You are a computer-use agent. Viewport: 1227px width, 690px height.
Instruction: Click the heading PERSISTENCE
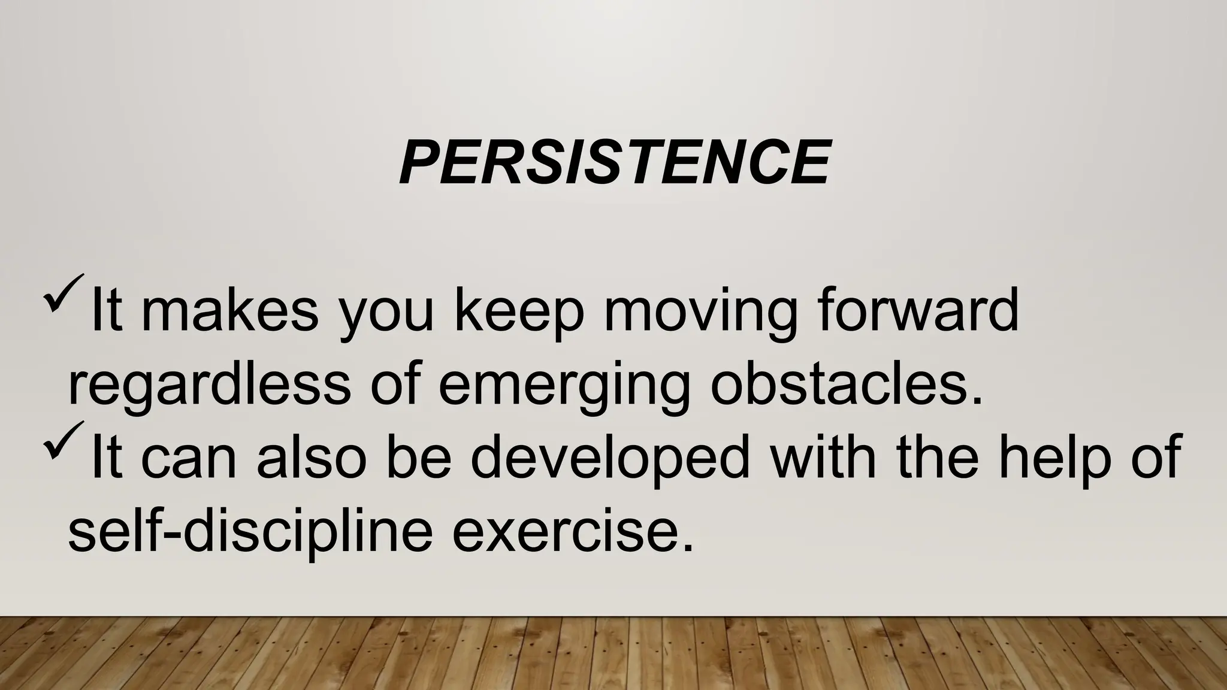point(615,163)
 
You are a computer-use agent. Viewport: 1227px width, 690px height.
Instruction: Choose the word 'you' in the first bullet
point(385,316)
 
